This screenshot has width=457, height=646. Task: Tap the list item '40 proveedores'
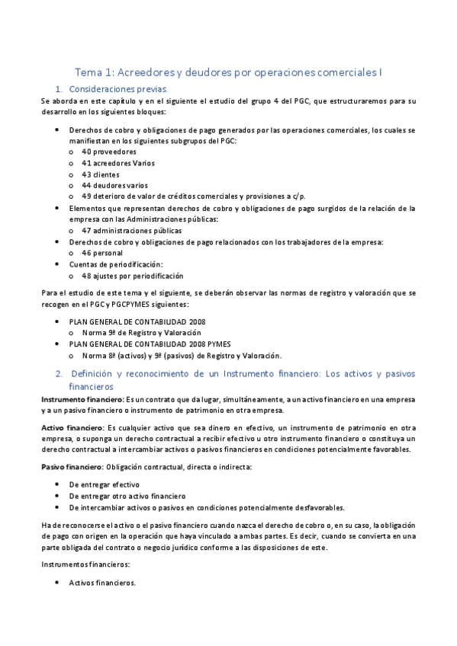click(x=109, y=152)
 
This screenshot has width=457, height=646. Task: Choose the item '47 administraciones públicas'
click(x=131, y=230)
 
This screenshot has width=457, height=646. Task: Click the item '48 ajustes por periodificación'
click(x=132, y=275)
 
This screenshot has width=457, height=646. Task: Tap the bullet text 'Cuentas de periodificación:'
click(x=116, y=264)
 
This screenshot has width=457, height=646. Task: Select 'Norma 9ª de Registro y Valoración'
click(x=141, y=333)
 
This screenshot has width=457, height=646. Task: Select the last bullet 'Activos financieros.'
click(x=102, y=583)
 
